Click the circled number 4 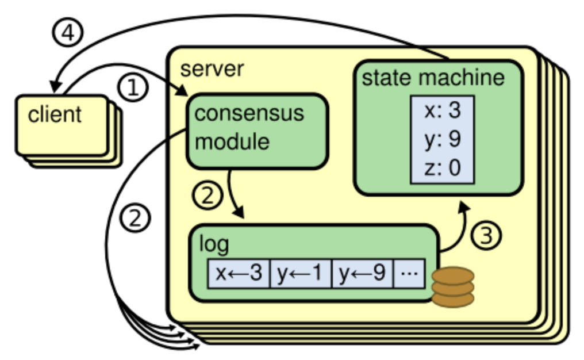tap(67, 34)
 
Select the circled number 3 tap(486, 236)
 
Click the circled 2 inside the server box tap(207, 197)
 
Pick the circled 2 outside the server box tap(136, 219)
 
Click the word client tap(55, 114)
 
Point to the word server tap(212, 69)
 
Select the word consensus tap(249, 113)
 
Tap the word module tap(232, 141)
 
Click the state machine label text tap(433, 78)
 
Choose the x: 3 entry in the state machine tap(442, 110)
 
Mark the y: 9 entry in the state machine tap(442, 140)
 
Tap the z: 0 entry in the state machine tap(442, 168)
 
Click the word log tap(213, 244)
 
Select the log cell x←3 tap(239, 273)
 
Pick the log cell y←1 tap(301, 273)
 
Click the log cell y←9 tap(362, 273)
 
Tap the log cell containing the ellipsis tap(409, 273)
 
